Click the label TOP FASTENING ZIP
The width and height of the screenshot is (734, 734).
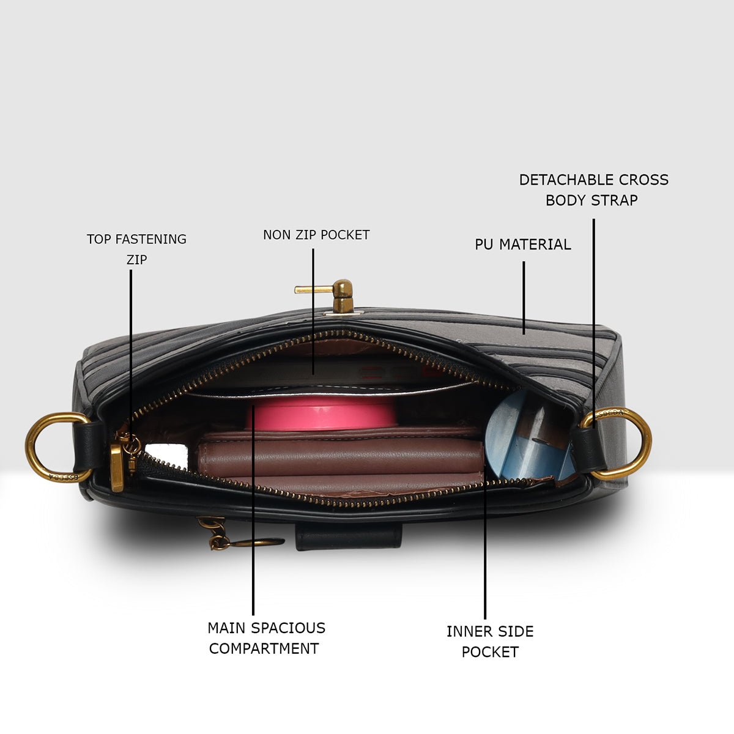click(136, 249)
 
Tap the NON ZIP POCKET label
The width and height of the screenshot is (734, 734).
click(316, 235)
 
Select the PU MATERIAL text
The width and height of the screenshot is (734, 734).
click(522, 245)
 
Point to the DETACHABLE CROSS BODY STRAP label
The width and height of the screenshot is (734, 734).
click(593, 190)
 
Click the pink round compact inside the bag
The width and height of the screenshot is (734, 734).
click(322, 413)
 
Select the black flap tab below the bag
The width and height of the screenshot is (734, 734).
click(349, 536)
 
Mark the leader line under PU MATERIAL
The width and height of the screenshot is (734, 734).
click(524, 298)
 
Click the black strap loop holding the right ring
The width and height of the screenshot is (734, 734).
click(588, 450)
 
